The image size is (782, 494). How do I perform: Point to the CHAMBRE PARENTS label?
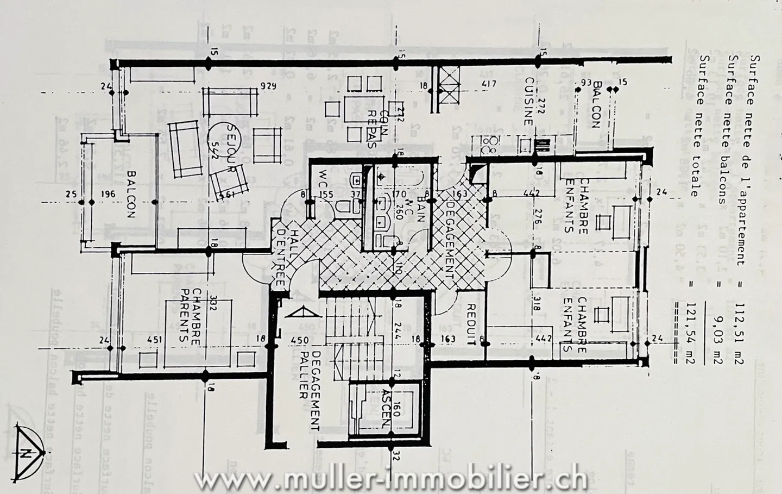[x=191, y=314]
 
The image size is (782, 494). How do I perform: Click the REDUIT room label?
[x=471, y=324]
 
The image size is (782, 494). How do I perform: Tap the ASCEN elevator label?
[x=387, y=408]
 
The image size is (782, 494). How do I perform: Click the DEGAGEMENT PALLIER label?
[x=310, y=390]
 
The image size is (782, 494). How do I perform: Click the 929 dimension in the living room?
[x=268, y=86]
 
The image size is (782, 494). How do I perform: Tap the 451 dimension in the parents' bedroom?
[x=155, y=340]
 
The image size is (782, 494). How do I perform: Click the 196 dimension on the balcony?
[x=108, y=194]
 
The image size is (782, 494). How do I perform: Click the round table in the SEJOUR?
[x=223, y=136]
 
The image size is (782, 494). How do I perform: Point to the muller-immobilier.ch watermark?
[x=390, y=480]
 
